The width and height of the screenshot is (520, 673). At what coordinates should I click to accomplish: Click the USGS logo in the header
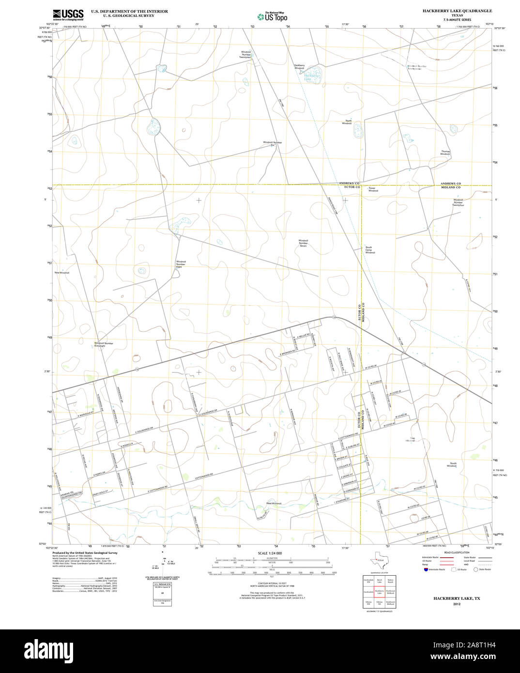tap(68, 15)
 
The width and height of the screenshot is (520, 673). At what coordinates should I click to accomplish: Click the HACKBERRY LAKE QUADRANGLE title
tap(457, 11)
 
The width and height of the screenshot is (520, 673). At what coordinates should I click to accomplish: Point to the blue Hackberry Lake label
tap(312, 76)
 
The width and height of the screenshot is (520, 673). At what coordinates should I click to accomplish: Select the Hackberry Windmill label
tap(299, 66)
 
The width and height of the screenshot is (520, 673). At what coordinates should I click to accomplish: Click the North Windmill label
tap(347, 122)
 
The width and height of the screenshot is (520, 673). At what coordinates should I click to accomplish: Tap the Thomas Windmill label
tap(445, 153)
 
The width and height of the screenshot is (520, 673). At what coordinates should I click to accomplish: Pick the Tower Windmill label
tap(373, 189)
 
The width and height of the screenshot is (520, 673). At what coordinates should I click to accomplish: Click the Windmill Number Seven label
tap(303, 243)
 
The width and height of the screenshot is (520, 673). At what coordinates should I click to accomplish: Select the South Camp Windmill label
tap(370, 250)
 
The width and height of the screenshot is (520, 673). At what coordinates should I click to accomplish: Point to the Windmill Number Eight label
tap(181, 264)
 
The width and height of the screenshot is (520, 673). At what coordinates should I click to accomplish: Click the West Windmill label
tap(274, 504)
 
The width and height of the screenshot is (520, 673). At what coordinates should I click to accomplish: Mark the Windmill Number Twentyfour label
tap(458, 202)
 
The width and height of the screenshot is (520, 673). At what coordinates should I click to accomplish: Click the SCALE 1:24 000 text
tap(270, 553)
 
